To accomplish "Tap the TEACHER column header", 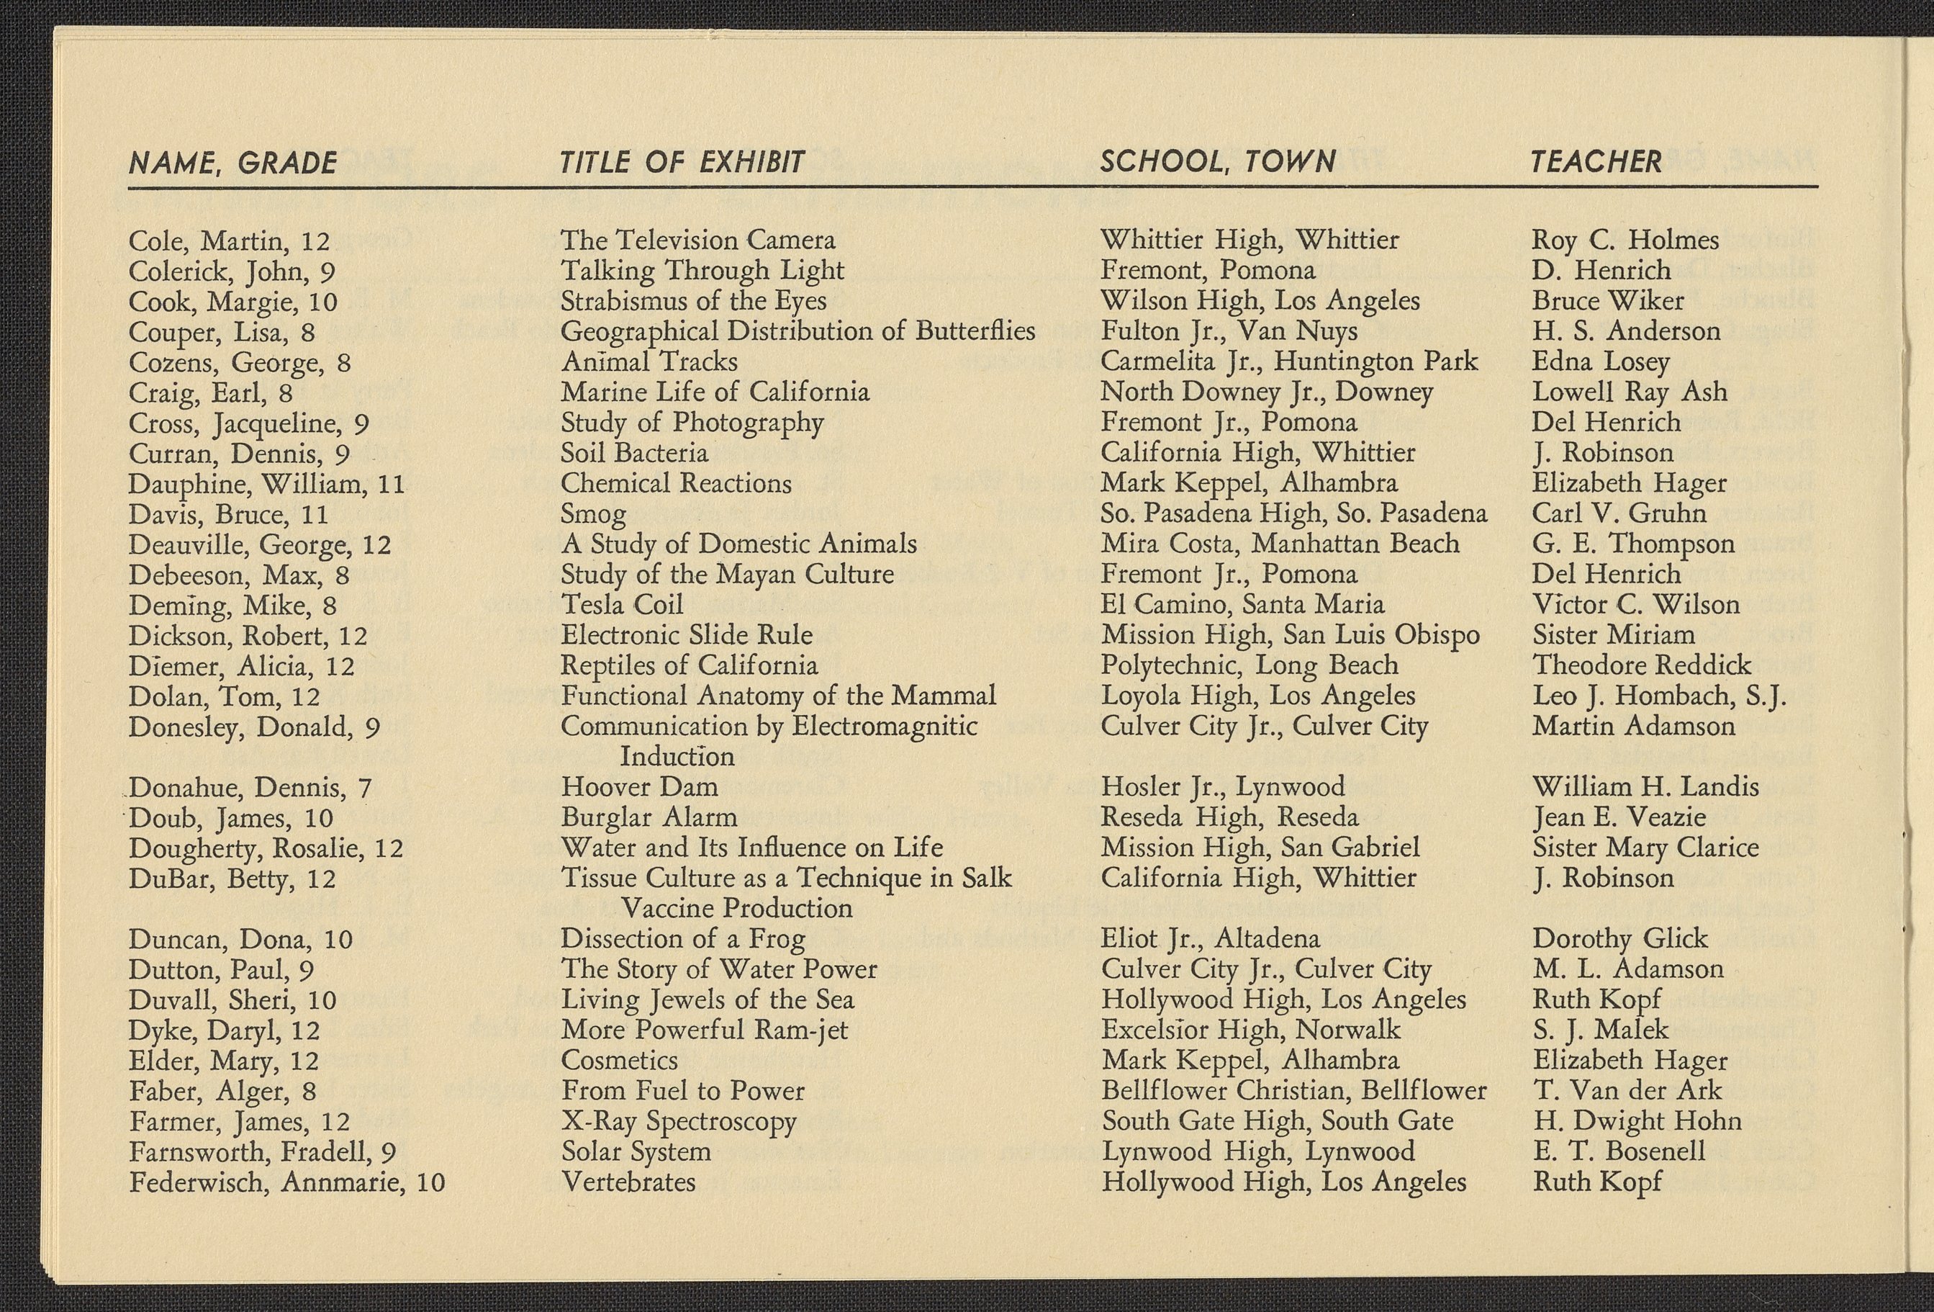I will coord(1596,161).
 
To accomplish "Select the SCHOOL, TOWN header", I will coord(1218,161).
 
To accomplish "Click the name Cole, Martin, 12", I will coord(229,241).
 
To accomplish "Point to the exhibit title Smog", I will coord(592,514).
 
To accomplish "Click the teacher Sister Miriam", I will coord(1613,635).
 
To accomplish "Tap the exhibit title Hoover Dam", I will coord(638,787).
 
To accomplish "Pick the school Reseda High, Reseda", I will coord(1229,817).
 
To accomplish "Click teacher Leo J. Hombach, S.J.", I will coord(1658,696).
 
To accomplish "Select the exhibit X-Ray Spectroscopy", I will coord(678,1121).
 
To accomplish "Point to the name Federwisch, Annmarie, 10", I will coord(287,1182).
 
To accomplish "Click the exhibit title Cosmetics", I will coord(619,1061).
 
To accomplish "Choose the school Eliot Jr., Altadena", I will coord(1210,939).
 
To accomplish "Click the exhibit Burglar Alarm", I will coord(649,817).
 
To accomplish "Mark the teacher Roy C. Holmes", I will coord(1625,241).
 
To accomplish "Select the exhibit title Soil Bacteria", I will coord(633,453).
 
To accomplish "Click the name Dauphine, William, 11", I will coord(266,484).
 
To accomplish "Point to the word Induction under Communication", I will coord(677,757).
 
